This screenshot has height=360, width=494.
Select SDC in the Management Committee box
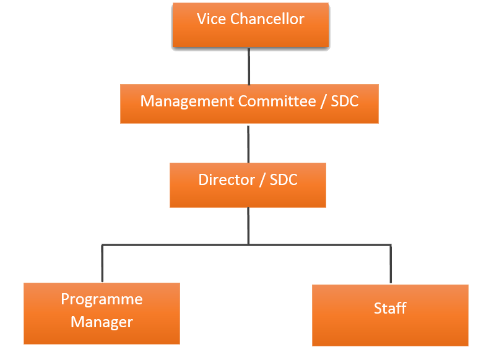pyautogui.click(x=344, y=101)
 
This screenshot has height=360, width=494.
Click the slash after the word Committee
pyautogui.click(x=323, y=101)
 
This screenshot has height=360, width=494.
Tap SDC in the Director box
pyautogui.click(x=284, y=180)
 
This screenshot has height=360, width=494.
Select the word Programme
pyautogui.click(x=102, y=299)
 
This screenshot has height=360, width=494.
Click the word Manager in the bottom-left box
pyautogui.click(x=102, y=322)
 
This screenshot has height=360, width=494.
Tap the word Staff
pyautogui.click(x=390, y=308)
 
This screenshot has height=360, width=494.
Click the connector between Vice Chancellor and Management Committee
pyautogui.click(x=249, y=66)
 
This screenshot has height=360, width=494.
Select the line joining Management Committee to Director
pyautogui.click(x=249, y=143)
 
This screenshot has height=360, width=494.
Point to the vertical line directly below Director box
pyautogui.click(x=249, y=225)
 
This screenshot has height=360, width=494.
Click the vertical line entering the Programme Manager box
pyautogui.click(x=102, y=265)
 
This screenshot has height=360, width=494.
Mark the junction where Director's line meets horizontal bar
pyautogui.click(x=249, y=245)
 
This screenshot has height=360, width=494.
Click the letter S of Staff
pyautogui.click(x=378, y=308)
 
